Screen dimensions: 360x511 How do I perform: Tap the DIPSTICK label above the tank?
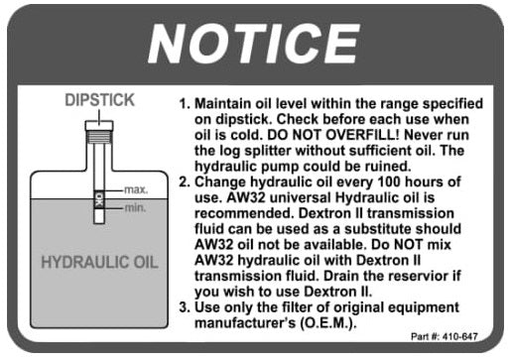click(99, 100)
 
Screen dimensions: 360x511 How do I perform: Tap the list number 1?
click(184, 104)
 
